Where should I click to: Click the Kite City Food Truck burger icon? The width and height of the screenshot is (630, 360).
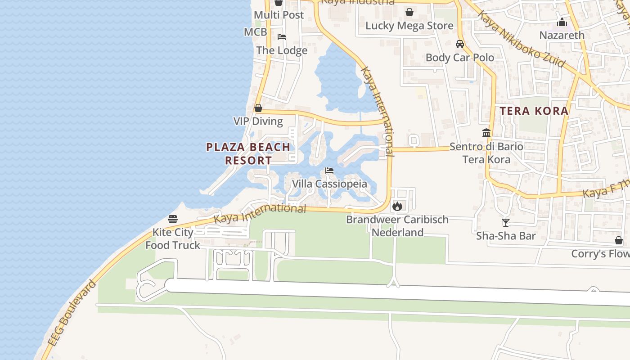point(173,219)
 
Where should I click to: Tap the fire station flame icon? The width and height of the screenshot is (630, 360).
point(397,206)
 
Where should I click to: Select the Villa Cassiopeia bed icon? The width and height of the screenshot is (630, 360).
point(329,171)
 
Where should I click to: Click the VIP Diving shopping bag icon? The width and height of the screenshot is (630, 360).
point(258,108)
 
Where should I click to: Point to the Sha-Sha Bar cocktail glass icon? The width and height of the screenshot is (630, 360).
point(506,222)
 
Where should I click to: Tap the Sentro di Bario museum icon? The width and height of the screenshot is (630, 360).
point(486,133)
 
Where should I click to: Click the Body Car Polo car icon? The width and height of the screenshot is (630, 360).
point(459,44)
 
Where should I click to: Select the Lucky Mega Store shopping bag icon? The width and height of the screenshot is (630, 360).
point(409,12)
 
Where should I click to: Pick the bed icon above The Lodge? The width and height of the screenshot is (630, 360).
point(282,37)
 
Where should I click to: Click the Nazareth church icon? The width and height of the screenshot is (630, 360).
point(562,22)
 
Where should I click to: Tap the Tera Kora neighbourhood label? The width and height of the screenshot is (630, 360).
point(534,111)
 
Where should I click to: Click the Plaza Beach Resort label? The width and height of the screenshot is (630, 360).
point(248,153)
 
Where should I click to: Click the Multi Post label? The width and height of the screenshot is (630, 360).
point(279,15)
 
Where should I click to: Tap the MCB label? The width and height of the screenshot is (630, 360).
point(255,32)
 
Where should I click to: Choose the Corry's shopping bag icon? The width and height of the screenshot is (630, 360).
point(619,240)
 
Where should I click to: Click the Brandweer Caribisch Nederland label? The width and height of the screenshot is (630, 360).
point(397,226)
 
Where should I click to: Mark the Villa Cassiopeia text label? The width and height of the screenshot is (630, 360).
point(329,184)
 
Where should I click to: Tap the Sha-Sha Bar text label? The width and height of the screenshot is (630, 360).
point(506,236)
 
